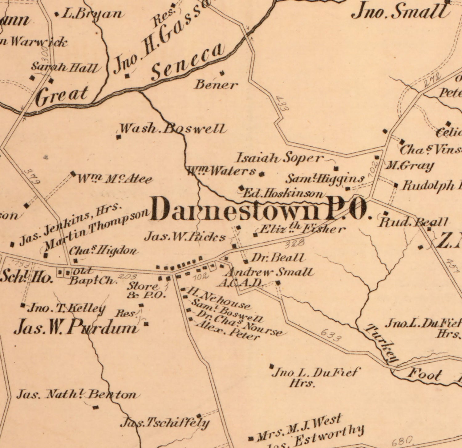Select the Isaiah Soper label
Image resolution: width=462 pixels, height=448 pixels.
280,158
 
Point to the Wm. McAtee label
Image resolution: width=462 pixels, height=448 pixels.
115,179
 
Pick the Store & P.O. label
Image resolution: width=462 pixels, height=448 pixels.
146,290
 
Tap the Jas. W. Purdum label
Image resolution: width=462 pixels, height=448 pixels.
75,327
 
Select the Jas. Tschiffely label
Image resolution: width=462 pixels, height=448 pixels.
165,423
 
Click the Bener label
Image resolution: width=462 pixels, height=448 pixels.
216,84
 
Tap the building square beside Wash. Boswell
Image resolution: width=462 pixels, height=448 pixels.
118,137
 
